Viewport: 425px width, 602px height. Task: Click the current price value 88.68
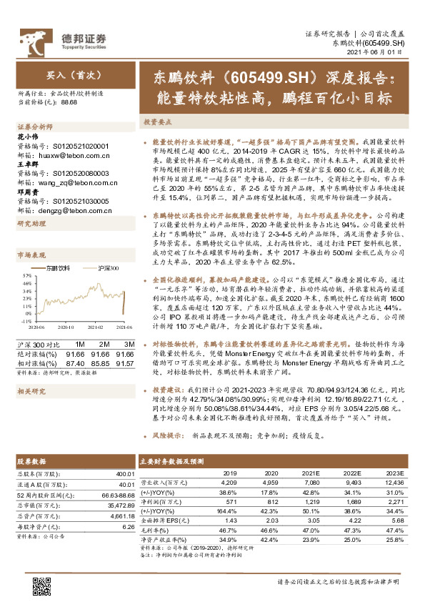[x=69, y=103]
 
